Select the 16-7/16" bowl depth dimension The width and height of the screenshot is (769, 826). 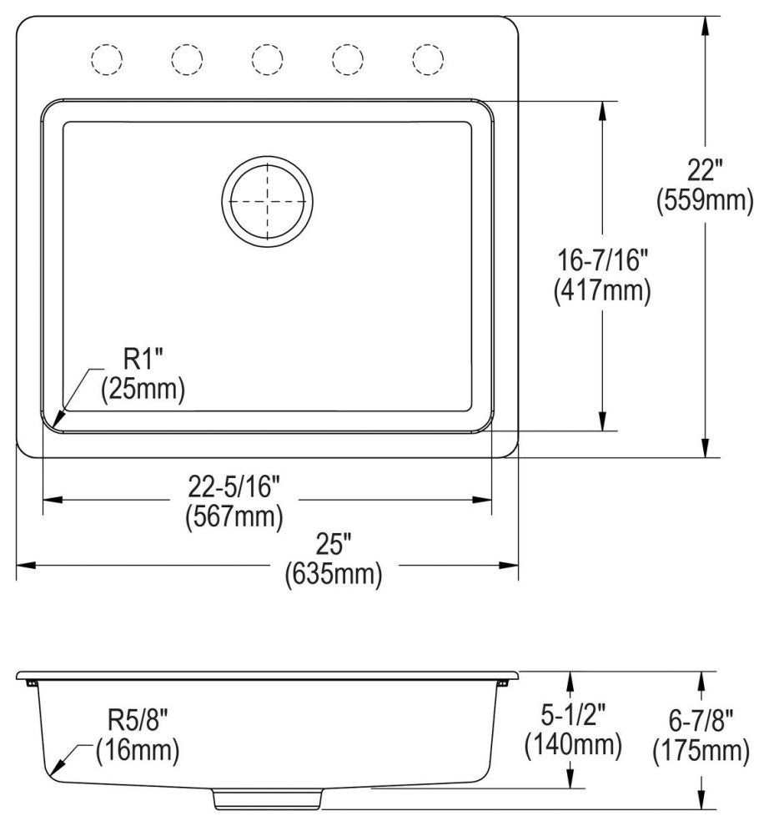[x=601, y=261]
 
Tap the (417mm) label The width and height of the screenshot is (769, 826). [x=601, y=290]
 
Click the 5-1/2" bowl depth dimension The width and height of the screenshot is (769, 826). [x=572, y=713]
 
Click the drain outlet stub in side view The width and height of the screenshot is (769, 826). [x=267, y=798]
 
